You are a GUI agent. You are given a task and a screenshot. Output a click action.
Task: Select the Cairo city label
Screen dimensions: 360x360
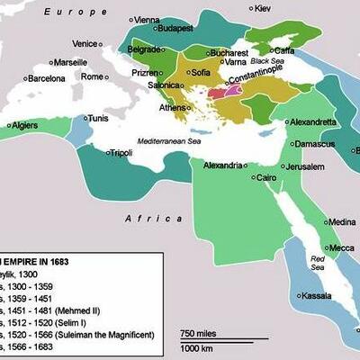(266, 178)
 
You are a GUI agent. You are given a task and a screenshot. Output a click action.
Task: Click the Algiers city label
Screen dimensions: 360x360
(26, 126)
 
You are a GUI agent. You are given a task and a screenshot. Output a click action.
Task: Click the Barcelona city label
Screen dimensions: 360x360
(44, 78)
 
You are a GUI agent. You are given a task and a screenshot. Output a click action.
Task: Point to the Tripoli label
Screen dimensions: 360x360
(143, 153)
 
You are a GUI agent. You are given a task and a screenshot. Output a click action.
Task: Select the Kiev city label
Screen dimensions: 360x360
(262, 8)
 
